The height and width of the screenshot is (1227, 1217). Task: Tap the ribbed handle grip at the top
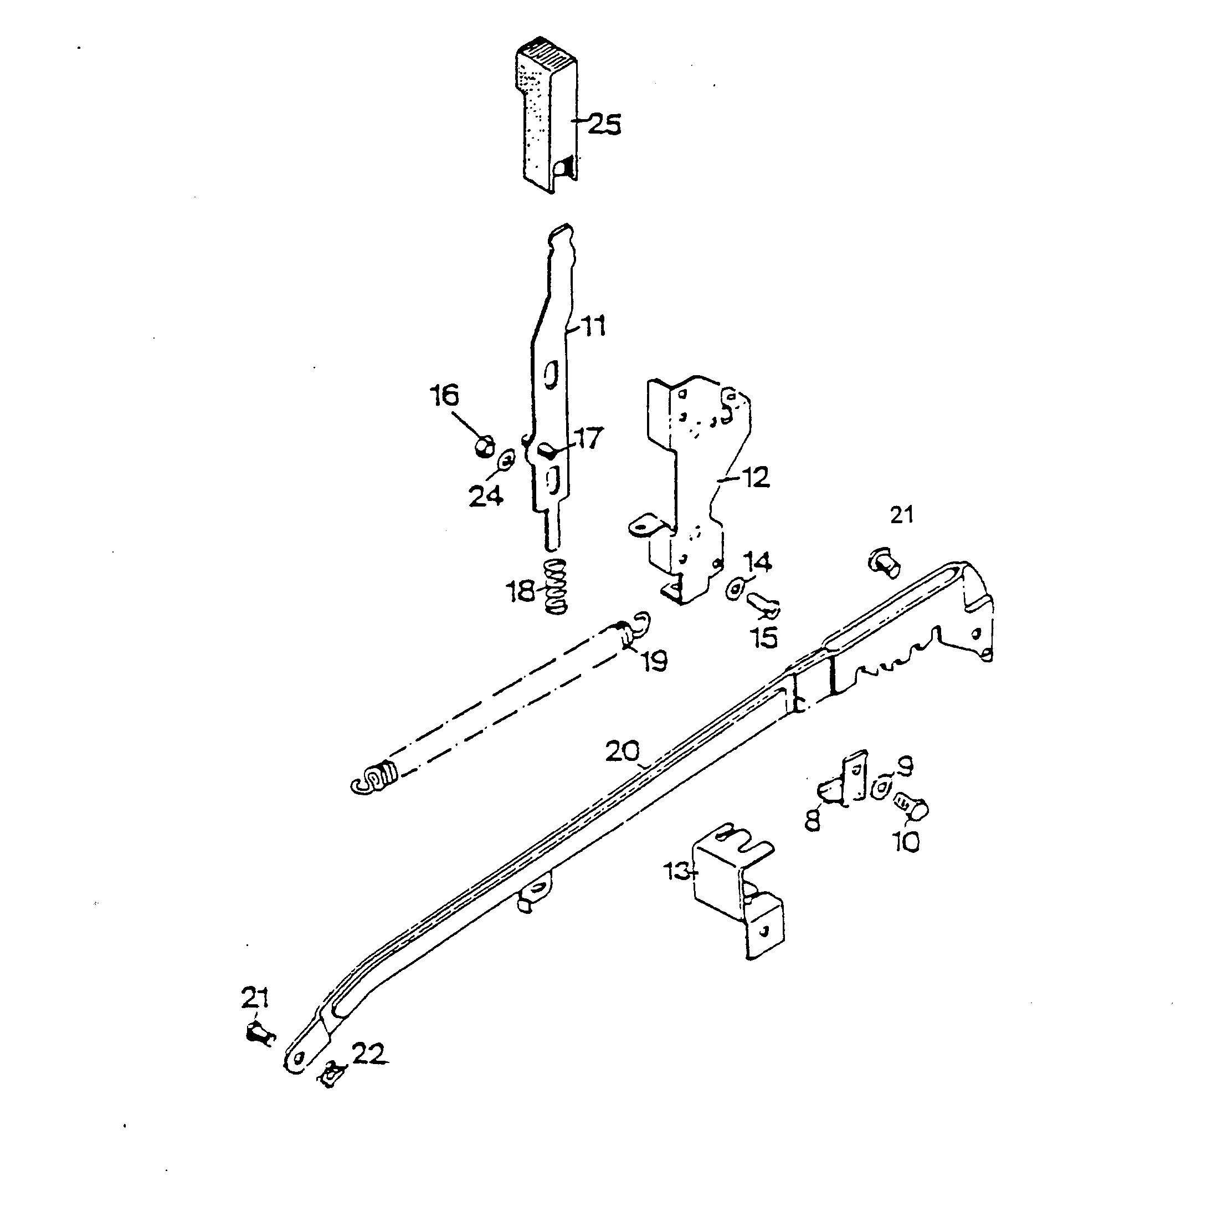546,116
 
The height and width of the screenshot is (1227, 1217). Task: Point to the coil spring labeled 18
556,587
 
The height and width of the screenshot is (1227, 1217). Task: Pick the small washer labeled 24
507,458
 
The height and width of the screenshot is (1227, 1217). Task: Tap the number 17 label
588,438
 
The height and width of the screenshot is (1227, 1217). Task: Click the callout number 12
756,477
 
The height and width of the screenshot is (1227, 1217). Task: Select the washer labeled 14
735,589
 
